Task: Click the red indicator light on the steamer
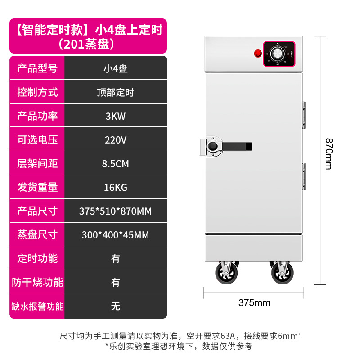[258, 54]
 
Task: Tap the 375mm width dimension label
[254, 302]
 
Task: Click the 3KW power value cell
[116, 116]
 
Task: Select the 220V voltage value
[116, 140]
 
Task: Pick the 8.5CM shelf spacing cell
[116, 164]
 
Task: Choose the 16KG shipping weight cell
[116, 187]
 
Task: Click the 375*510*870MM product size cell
[116, 211]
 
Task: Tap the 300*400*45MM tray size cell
[116, 235]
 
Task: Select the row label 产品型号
[37, 69]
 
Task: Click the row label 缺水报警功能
[37, 306]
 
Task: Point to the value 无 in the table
[116, 306]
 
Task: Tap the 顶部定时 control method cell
[116, 93]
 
